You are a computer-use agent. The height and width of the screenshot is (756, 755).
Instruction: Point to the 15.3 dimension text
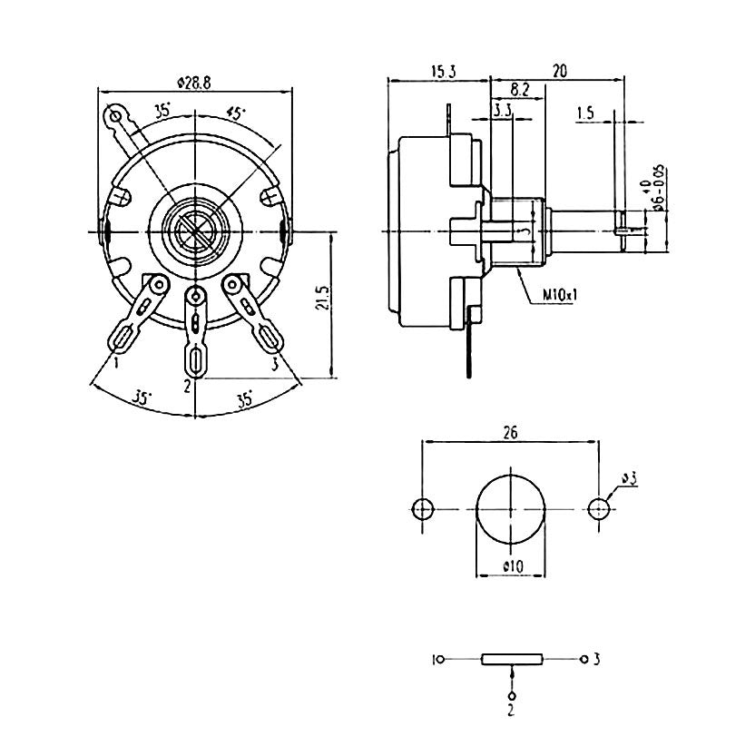tap(444, 70)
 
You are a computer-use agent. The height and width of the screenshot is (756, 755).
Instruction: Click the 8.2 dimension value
tap(519, 90)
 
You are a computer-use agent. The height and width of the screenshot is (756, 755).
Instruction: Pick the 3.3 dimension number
tap(503, 111)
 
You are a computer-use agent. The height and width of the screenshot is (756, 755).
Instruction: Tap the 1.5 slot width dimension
tap(585, 113)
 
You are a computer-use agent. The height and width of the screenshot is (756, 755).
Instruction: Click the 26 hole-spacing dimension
tap(510, 433)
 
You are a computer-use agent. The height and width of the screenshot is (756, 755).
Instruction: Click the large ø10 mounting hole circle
tap(512, 507)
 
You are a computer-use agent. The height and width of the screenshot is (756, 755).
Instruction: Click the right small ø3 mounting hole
tap(599, 508)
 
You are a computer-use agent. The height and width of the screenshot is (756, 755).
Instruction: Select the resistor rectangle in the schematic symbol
tap(512, 660)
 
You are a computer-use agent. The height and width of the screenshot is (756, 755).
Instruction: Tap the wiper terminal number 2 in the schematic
tap(511, 710)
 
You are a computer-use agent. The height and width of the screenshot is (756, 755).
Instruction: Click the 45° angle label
tap(236, 113)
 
